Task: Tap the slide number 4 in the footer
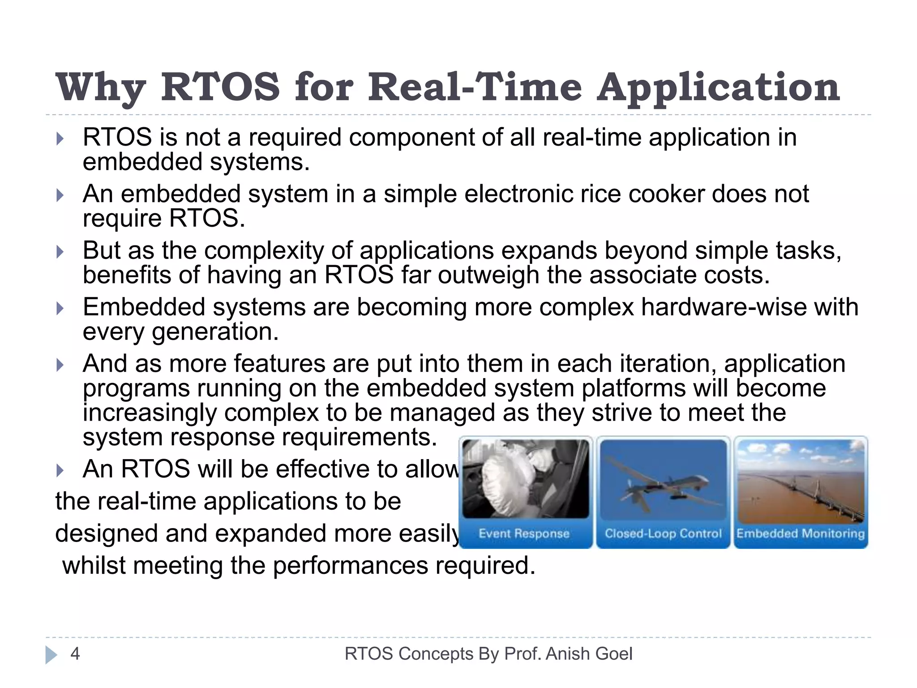pyautogui.click(x=75, y=654)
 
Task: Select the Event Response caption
pyautogui.click(x=524, y=533)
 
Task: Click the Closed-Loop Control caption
pyautogui.click(x=663, y=533)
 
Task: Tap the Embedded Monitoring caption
pyautogui.click(x=801, y=533)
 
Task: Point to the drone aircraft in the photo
pyautogui.click(x=663, y=488)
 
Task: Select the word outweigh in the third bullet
pyautogui.click(x=488, y=275)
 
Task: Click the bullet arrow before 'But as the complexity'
pyautogui.click(x=60, y=252)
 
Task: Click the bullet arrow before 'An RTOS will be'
pyautogui.click(x=60, y=470)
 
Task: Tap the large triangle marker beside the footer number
pyautogui.click(x=51, y=655)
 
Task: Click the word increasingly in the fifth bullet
pyautogui.click(x=149, y=413)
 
